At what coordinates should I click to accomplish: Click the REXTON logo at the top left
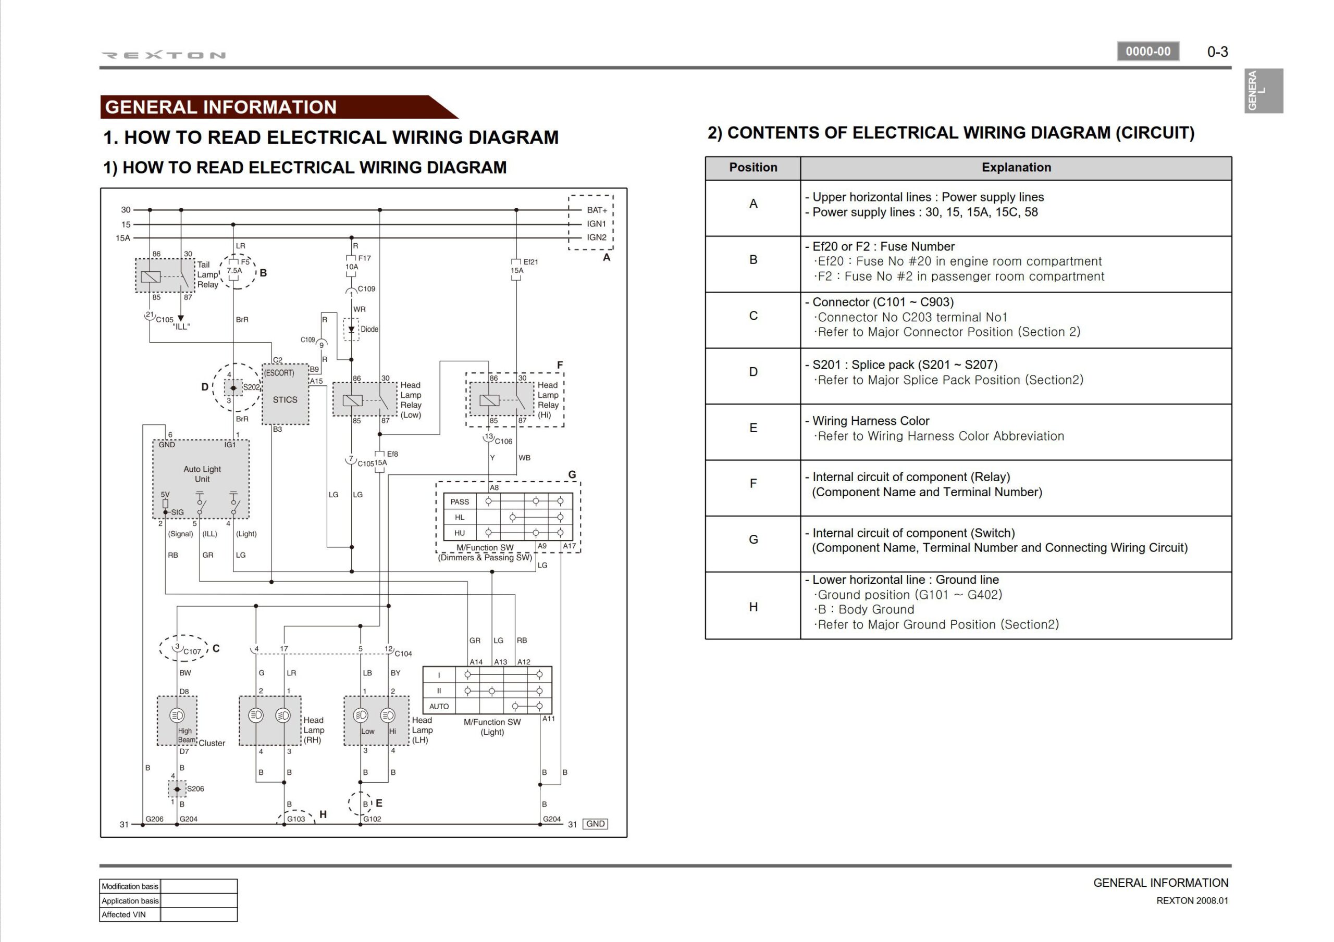pos(163,55)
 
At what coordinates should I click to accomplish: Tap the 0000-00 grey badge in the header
pos(1147,51)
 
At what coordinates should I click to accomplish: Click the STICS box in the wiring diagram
pos(285,399)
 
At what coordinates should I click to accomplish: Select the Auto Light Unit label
pos(202,474)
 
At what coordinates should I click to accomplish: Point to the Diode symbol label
pos(369,329)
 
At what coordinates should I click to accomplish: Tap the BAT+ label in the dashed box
pos(597,210)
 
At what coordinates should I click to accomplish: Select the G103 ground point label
pos(296,819)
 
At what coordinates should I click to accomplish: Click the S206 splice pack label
pos(195,789)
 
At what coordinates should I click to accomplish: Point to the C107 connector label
pos(192,651)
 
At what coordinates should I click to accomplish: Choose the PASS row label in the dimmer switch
pos(460,502)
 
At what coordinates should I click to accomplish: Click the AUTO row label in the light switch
pos(439,706)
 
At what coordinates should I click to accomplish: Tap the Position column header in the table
pos(753,167)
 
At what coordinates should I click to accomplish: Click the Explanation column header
pos(1016,167)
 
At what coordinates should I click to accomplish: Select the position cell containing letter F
pos(753,483)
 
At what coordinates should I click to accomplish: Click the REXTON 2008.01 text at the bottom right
pos(1192,901)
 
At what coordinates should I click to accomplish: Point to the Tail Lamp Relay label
pos(207,275)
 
